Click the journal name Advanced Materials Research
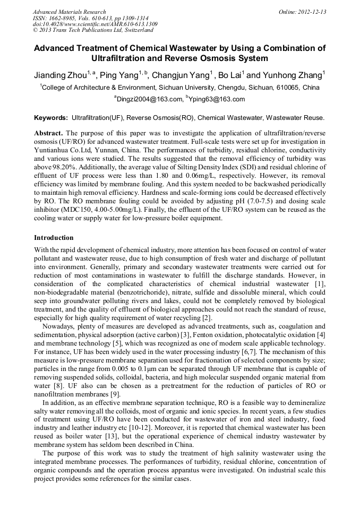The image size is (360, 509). click(x=69, y=12)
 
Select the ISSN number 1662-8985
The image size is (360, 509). click(x=63, y=18)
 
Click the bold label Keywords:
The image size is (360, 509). click(x=51, y=117)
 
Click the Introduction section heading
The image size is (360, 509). click(x=54, y=237)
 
